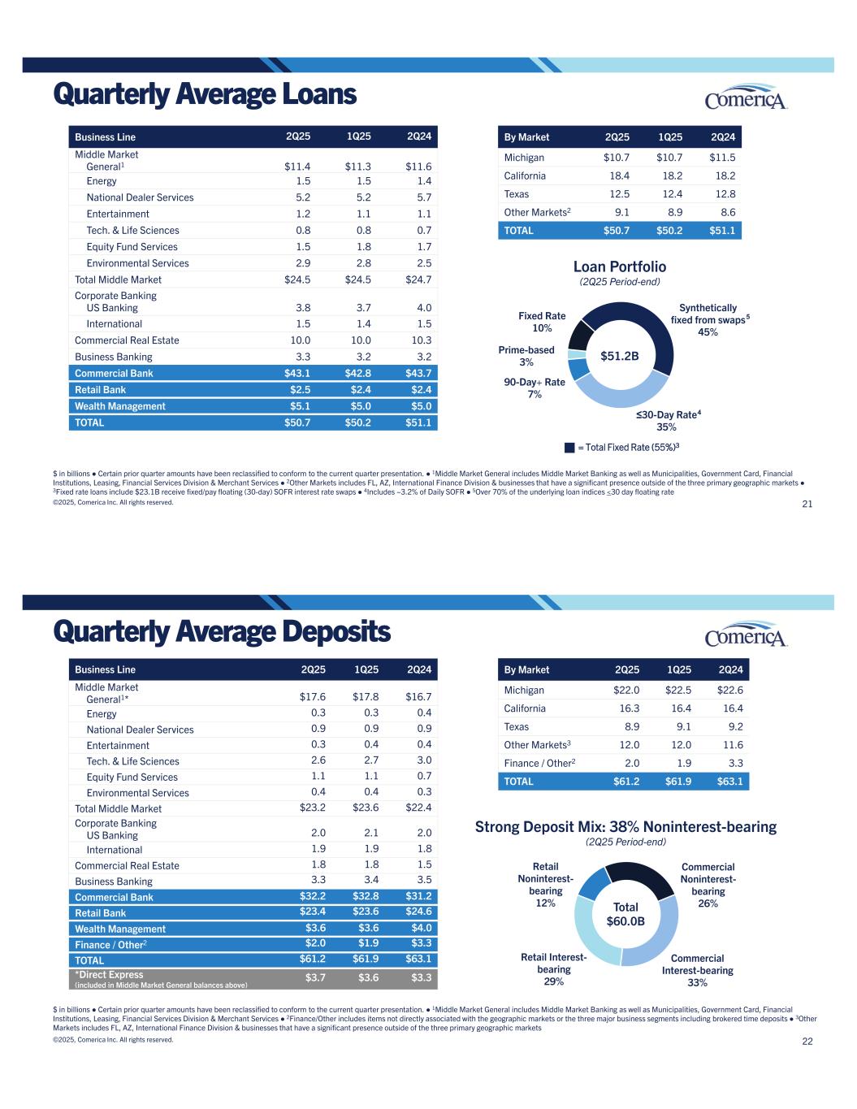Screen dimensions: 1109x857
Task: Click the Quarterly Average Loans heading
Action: tap(205, 95)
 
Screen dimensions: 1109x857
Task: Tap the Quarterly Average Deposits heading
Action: tap(222, 631)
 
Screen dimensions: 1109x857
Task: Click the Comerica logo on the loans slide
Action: tap(746, 97)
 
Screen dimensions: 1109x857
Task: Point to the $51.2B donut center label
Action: tap(620, 356)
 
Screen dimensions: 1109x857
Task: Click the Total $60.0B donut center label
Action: tap(625, 914)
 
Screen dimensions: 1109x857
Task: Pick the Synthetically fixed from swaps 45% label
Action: tap(705, 319)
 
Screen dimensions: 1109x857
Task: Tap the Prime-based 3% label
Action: tap(526, 356)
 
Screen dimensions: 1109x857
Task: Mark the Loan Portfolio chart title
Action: tap(619, 267)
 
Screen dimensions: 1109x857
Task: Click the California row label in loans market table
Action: tap(525, 175)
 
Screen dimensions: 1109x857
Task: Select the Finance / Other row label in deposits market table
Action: tap(539, 763)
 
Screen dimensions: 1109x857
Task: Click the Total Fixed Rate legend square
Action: tap(569, 447)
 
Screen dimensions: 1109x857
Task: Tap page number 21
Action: tap(807, 505)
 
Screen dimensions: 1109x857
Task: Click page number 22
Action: tap(807, 1042)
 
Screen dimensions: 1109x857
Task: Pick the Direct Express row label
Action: tap(109, 975)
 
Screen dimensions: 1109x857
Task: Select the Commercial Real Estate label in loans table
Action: tap(127, 340)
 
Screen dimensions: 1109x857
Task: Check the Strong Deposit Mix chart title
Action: tap(625, 827)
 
